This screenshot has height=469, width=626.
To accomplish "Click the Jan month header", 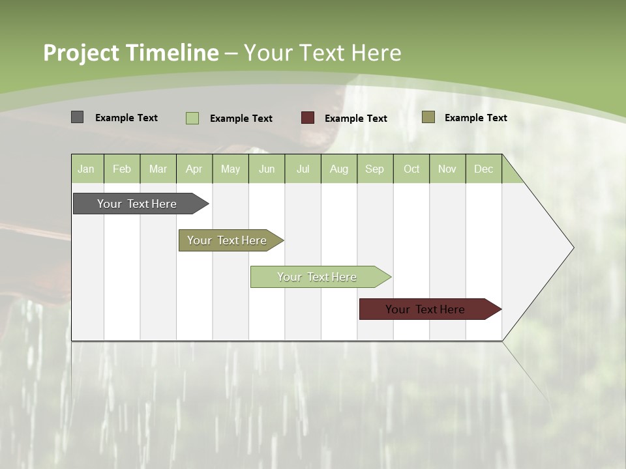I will click(86, 169).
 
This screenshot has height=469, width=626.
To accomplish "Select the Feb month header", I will click(122, 169).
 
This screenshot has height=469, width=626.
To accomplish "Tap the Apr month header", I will click(194, 169).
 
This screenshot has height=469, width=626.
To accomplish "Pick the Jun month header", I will click(267, 169).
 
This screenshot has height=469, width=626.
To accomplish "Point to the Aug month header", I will click(339, 169).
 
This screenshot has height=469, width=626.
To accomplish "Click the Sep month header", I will click(375, 169).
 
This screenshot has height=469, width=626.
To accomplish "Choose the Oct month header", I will click(411, 169).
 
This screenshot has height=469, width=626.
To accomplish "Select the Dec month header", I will click(484, 169).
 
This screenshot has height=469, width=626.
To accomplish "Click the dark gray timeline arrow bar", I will click(137, 204).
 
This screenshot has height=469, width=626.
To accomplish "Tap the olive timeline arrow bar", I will click(227, 240).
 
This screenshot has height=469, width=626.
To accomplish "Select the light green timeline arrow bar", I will click(317, 277).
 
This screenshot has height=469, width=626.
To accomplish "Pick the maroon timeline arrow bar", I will click(425, 309).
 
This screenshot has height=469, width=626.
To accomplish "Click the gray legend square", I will click(77, 117).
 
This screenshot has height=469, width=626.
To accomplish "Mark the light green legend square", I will click(192, 118).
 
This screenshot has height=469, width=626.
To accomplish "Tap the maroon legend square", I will click(307, 118).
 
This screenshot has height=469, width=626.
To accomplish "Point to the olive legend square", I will click(428, 117).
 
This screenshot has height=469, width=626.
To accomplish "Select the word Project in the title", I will click(81, 53).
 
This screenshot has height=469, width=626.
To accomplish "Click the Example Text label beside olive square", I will click(475, 117).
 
